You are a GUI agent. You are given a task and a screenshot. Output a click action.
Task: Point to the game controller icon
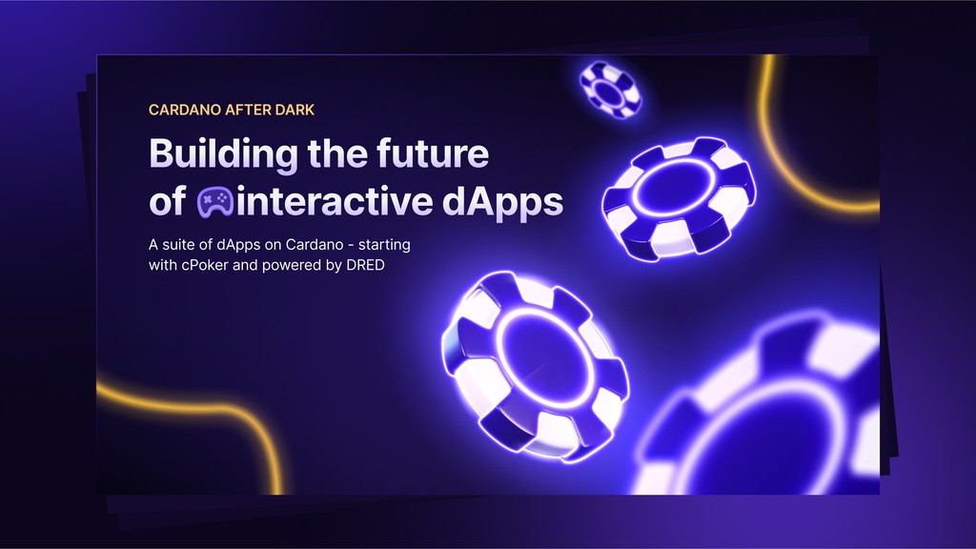[215, 202]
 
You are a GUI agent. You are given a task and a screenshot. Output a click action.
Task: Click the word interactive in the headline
[335, 201]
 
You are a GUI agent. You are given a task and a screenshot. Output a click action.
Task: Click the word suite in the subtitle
[178, 245]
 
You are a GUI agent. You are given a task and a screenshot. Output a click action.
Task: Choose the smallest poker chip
[610, 89]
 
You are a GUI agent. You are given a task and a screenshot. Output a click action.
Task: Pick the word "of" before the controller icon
[167, 202]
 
